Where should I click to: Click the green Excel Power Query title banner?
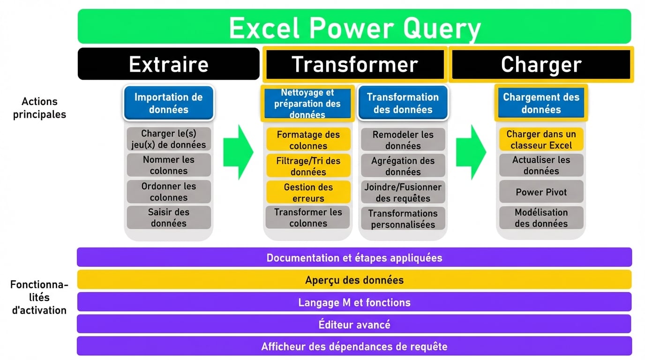tap(354, 27)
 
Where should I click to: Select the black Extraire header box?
tap(168, 64)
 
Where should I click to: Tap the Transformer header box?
tap(354, 64)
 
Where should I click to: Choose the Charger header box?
tap(541, 64)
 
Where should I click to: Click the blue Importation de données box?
tap(168, 103)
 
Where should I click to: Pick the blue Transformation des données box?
tap(403, 103)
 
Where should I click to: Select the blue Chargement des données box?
tap(541, 103)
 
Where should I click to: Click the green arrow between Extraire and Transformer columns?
tap(238, 152)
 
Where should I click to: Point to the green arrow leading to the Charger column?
tap(471, 152)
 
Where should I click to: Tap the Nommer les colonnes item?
tap(168, 165)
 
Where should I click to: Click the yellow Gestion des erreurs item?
tap(308, 192)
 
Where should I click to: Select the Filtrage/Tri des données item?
tap(308, 166)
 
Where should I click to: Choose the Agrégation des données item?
tap(403, 166)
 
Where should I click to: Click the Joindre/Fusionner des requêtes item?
tap(403, 192)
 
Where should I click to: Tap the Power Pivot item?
tap(541, 192)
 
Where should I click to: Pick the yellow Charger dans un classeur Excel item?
tap(541, 140)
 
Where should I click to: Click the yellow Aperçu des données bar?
tap(354, 280)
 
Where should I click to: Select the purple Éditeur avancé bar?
tap(354, 324)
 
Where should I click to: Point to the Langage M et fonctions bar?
tap(354, 302)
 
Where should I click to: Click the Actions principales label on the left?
tap(39, 108)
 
